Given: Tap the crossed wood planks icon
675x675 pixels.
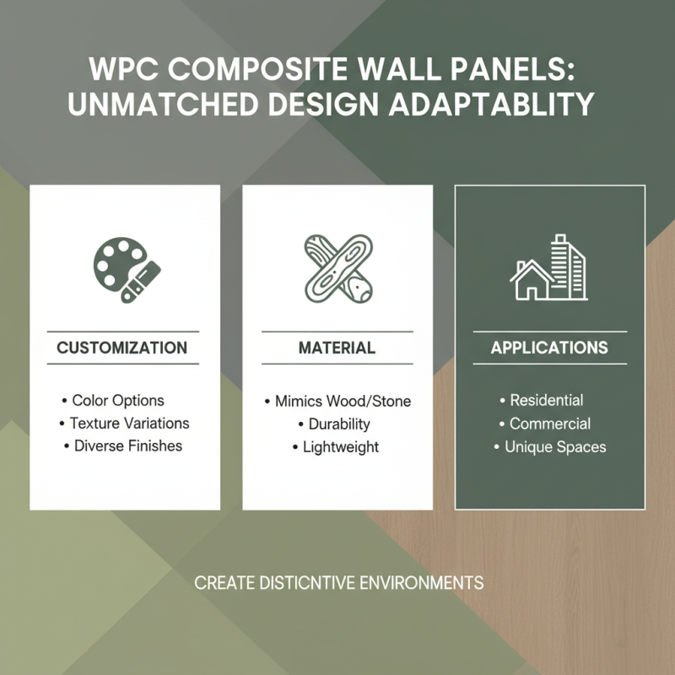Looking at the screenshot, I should [x=337, y=268].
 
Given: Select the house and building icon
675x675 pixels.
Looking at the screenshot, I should [x=549, y=267].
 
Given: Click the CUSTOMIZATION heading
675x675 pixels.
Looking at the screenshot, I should [x=122, y=348].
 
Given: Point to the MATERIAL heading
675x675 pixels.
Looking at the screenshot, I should [x=337, y=348].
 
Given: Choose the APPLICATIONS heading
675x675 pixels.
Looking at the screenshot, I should [x=549, y=348].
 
